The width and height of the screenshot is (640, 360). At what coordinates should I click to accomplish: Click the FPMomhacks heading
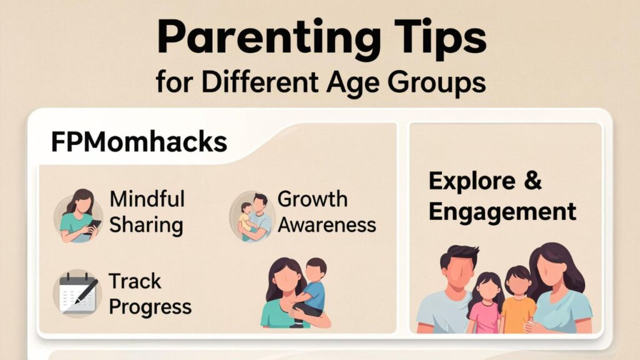pos(139,142)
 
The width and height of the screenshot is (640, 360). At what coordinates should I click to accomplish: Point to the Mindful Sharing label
pos(147,212)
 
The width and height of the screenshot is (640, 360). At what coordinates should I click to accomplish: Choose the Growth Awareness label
pos(326,212)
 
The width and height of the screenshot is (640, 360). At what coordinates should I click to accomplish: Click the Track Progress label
pos(150,294)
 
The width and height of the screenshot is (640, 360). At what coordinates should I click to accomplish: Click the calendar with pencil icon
pos(77,292)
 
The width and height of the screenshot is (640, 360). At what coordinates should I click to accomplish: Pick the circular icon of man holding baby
pos(252,216)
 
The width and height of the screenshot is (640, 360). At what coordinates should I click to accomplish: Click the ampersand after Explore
pos(532,181)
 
